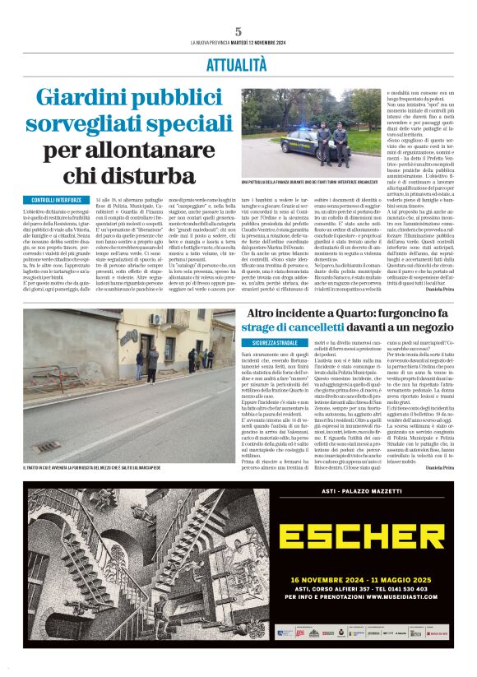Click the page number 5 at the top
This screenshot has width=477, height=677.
pyautogui.click(x=238, y=32)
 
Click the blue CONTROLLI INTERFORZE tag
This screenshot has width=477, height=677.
pyautogui.click(x=57, y=200)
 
